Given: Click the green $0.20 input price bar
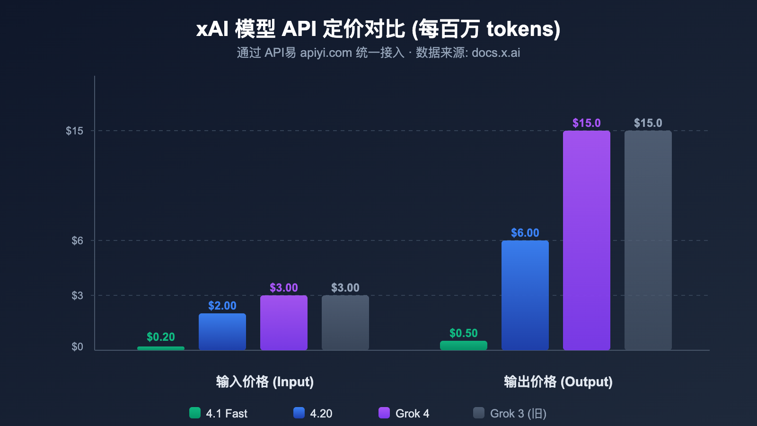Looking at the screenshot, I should [161, 348].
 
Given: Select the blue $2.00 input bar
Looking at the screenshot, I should [222, 332].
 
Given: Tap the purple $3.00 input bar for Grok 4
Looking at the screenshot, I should [284, 323].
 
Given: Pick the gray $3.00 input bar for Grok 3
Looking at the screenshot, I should [345, 323].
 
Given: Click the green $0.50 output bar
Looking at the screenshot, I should [464, 346].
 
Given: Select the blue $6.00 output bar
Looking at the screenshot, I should [525, 295].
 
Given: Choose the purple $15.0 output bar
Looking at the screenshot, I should [587, 240].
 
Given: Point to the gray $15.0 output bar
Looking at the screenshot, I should [648, 240].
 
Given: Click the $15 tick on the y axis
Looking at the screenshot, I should [74, 131].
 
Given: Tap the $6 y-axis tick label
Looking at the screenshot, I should [77, 240].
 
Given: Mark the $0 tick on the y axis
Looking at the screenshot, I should [77, 347].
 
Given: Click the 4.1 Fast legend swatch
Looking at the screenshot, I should [195, 413].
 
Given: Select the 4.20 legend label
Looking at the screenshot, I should [321, 414].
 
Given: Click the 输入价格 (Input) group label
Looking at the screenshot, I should [265, 382].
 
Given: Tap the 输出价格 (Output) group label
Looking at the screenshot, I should [558, 382].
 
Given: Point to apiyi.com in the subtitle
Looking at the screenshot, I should [326, 53].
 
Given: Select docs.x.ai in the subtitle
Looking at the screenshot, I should [496, 53].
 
